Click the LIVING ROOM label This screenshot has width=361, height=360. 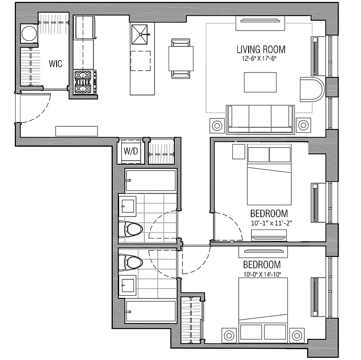click(261, 49)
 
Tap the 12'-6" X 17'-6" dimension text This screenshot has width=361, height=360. click(261, 58)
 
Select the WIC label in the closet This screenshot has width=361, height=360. click(56, 63)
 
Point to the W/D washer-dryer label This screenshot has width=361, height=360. click(131, 151)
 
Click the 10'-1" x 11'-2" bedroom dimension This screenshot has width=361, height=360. click(269, 222)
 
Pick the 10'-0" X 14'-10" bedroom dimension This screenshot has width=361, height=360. click(262, 273)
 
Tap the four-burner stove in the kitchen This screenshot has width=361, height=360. click(85, 82)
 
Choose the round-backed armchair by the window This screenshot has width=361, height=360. click(311, 90)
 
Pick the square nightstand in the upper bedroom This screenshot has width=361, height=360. click(238, 151)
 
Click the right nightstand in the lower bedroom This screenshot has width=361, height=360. click(297, 335)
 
